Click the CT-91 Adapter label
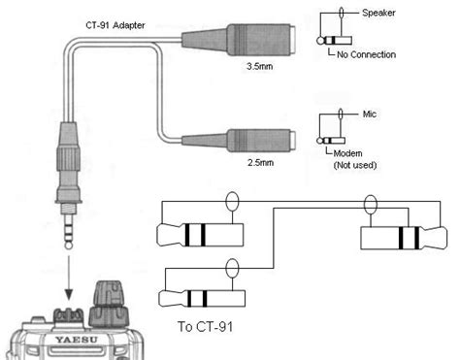pos(115,25)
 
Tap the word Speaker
pos(378,13)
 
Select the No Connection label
pos(366,54)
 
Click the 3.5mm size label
pos(260,66)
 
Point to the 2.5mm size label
pos(260,162)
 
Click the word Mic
pos(370,114)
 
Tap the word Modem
pos(347,153)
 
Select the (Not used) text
pos(355,165)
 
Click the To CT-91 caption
pos(205,327)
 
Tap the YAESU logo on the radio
pos(77,340)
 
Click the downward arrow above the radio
pos(69,278)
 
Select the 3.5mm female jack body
pos(239,40)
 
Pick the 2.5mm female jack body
pos(239,141)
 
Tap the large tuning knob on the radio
pos(109,304)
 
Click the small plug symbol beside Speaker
pos(334,41)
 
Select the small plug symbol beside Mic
pos(331,141)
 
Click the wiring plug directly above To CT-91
pos(202,298)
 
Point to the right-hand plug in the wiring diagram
pos(404,238)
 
